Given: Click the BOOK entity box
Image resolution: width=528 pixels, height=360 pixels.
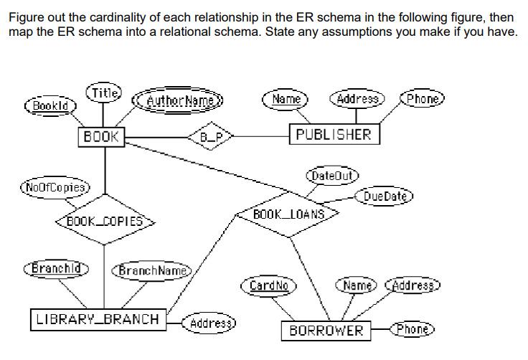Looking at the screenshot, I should click(102, 136).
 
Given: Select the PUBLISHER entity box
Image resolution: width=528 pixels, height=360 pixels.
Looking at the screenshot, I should click(334, 134).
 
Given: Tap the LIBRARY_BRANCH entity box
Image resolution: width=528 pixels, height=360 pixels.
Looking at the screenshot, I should click(98, 319).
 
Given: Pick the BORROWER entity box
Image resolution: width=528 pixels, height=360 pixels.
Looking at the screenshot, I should click(326, 331).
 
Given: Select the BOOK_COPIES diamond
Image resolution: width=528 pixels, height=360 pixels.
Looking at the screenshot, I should click(105, 221).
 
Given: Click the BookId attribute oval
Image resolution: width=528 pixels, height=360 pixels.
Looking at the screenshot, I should click(51, 105).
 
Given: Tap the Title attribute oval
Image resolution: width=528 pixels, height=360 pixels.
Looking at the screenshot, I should click(104, 93).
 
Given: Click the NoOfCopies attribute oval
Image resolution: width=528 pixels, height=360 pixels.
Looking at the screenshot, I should click(55, 188).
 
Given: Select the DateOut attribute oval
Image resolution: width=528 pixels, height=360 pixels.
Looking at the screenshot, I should click(331, 174).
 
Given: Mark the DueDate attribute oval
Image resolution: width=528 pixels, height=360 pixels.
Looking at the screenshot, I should click(385, 196).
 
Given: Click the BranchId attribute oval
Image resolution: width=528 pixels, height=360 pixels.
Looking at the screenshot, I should click(56, 267).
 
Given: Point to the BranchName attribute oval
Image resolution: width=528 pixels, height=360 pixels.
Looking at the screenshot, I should click(151, 270).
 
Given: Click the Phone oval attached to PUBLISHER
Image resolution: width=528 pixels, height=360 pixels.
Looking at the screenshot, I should click(424, 99).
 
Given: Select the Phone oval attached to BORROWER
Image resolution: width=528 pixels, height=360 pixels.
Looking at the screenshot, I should click(412, 329).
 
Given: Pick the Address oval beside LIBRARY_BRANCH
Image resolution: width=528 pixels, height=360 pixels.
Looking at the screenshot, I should click(209, 323).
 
